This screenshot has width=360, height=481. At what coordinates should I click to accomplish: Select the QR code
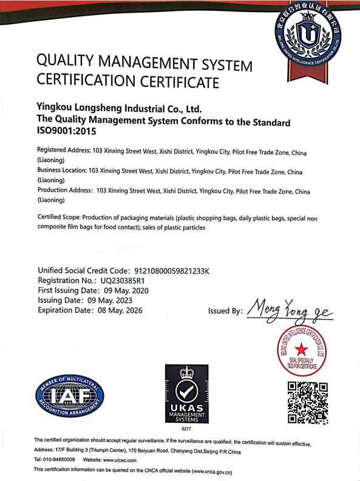308,402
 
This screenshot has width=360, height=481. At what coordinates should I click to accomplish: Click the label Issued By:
225,310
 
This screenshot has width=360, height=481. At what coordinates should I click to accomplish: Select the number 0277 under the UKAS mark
187,429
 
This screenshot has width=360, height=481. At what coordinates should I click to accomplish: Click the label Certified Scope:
59,217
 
